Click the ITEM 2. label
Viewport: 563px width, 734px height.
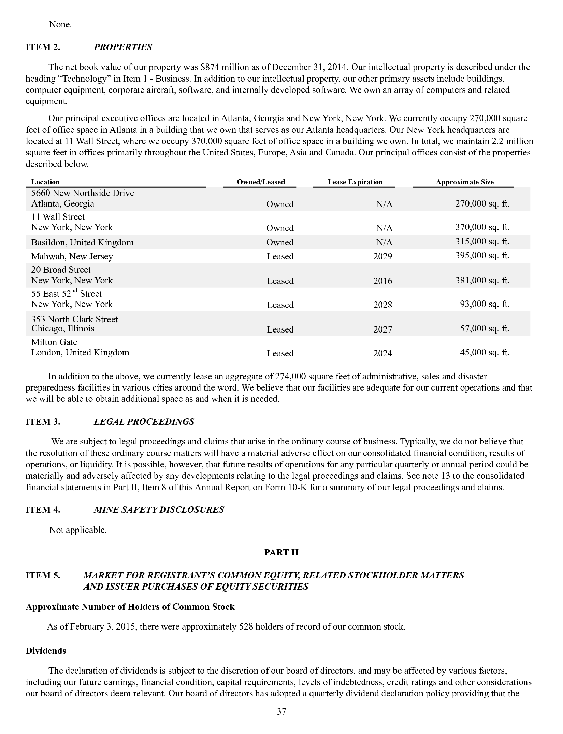click(x=43, y=47)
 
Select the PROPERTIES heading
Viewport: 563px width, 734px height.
click(x=123, y=47)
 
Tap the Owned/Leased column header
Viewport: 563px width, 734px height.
click(x=261, y=182)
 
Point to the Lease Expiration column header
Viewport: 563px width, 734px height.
click(x=355, y=182)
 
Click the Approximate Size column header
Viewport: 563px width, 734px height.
click(x=464, y=182)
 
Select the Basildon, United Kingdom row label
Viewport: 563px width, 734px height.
click(x=83, y=242)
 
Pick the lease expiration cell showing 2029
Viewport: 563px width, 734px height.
click(x=382, y=256)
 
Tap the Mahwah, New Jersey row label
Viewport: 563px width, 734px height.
click(x=72, y=256)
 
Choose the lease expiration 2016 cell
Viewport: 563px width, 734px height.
click(x=382, y=281)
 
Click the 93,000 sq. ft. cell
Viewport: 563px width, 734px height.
click(x=485, y=304)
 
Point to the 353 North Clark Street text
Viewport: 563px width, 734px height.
click(x=74, y=319)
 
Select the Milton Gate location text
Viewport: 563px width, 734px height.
click(x=54, y=342)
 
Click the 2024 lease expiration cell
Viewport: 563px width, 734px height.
click(x=382, y=353)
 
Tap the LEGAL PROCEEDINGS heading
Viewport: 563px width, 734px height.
click(x=144, y=422)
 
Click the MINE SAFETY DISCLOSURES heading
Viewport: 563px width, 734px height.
click(x=159, y=510)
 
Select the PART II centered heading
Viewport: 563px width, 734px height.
click(x=281, y=552)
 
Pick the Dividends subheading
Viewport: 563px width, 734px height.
click(x=46, y=651)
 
